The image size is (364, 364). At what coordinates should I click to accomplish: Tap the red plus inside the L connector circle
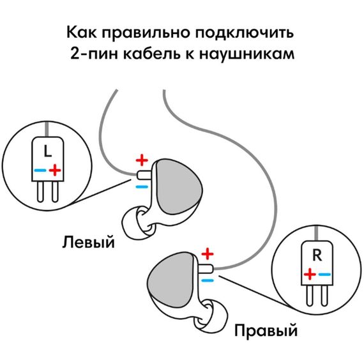(56, 170)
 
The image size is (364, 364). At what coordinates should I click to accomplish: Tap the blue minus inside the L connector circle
(40, 171)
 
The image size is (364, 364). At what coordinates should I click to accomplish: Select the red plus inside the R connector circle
(310, 274)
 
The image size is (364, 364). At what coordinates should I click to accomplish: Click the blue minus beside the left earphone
(142, 186)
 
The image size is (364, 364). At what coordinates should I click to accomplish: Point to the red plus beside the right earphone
(206, 254)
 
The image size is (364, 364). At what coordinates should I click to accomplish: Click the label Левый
(89, 242)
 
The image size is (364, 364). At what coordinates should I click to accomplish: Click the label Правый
(266, 331)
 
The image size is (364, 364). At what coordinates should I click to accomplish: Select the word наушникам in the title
(252, 54)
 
